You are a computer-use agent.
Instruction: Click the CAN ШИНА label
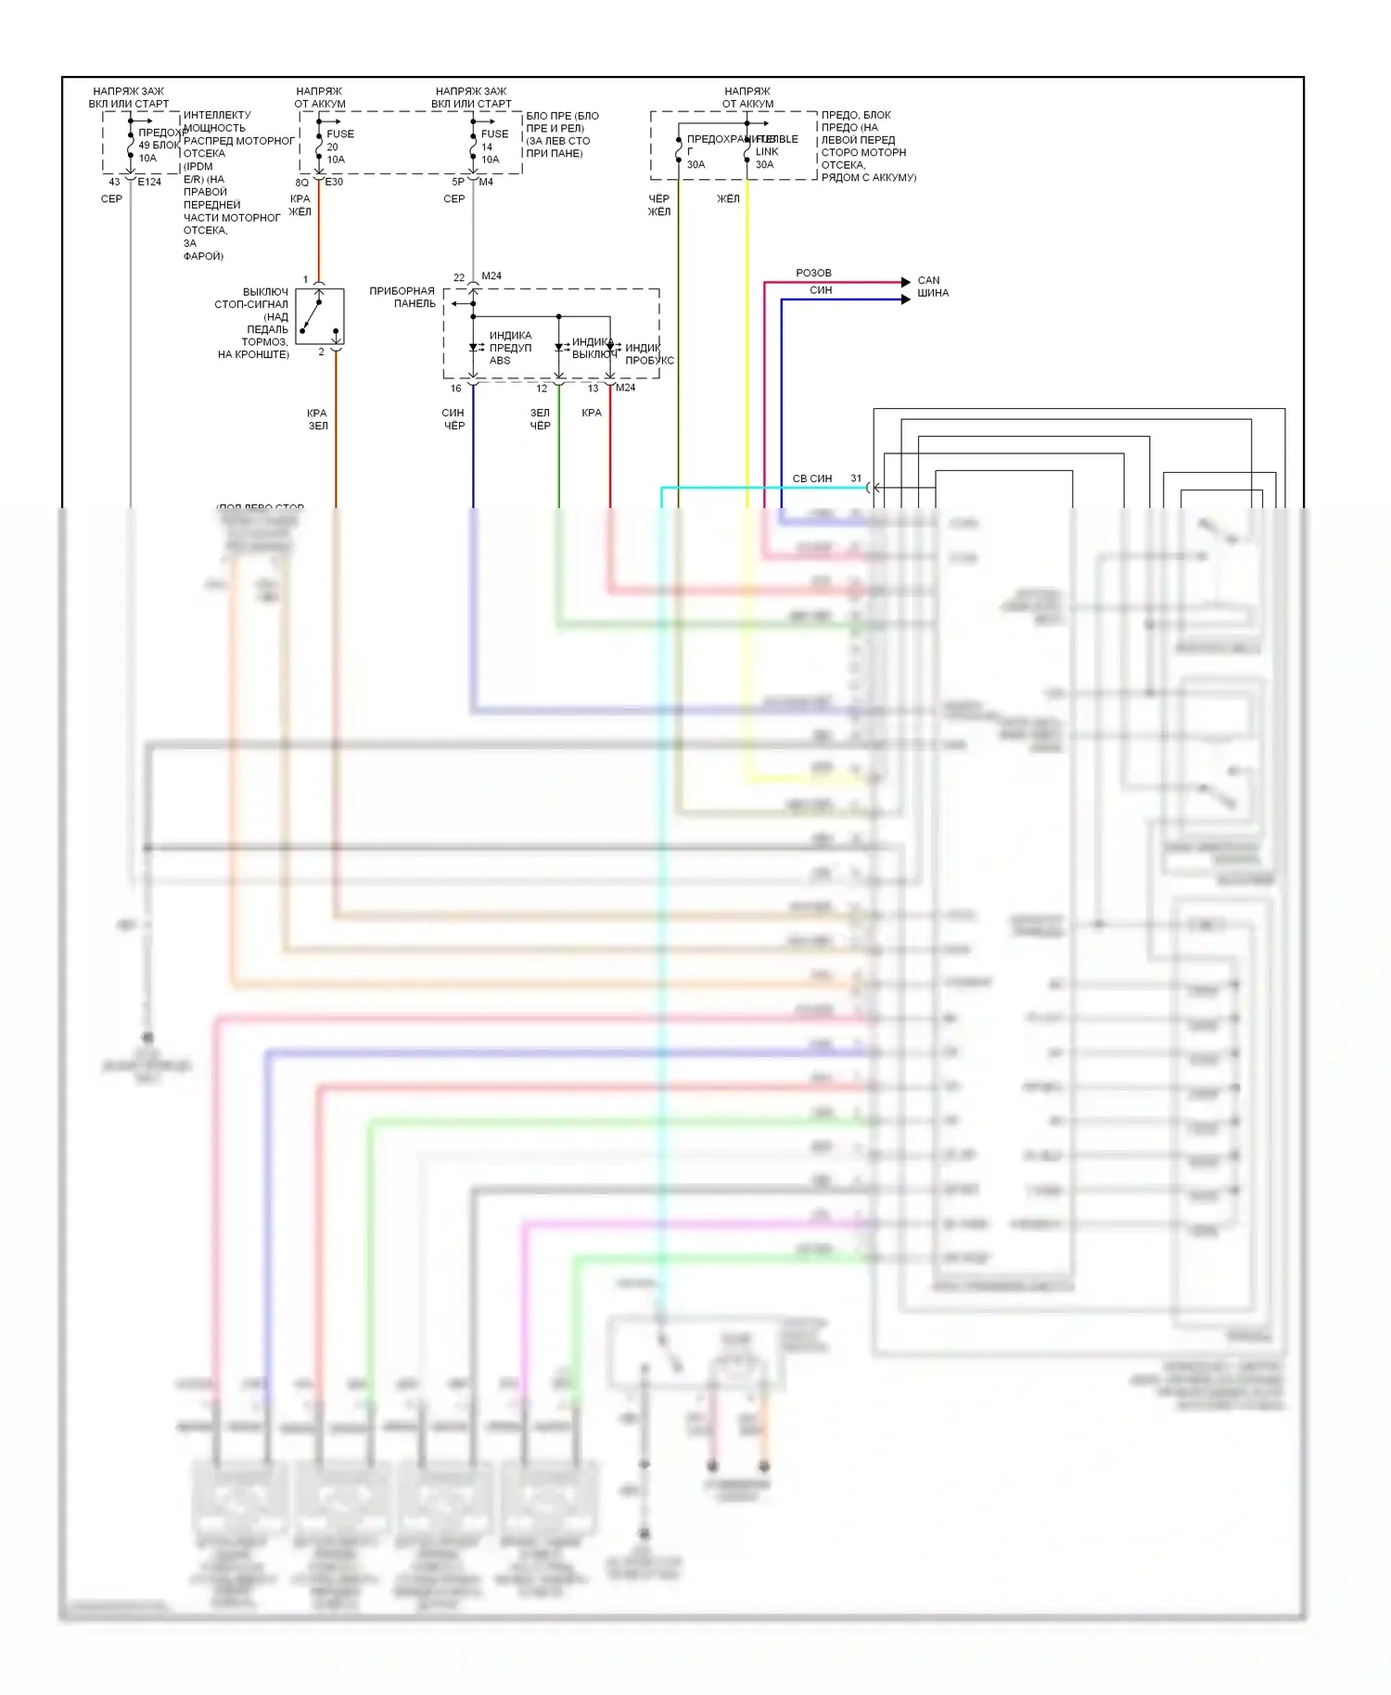click(x=933, y=287)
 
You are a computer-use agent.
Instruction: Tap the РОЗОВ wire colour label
click(x=813, y=274)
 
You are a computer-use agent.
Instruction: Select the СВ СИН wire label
click(x=811, y=479)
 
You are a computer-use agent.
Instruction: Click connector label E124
click(x=149, y=183)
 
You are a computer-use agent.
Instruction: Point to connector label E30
click(x=334, y=183)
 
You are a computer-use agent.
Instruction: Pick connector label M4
click(x=486, y=183)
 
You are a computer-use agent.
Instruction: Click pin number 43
click(x=114, y=183)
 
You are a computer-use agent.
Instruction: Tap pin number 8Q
click(x=302, y=183)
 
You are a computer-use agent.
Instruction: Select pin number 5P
click(x=458, y=183)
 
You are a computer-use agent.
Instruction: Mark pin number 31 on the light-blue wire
click(x=856, y=479)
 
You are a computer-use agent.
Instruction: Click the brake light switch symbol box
click(x=320, y=316)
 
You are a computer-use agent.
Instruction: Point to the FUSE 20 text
click(x=339, y=140)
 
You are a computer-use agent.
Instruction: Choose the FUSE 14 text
click(x=494, y=140)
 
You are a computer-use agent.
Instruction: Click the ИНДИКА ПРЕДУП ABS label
click(x=510, y=349)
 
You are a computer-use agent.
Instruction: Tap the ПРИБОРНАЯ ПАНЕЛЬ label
click(x=402, y=298)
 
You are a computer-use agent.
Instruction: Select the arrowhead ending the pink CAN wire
click(x=906, y=282)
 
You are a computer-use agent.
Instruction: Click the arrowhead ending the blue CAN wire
click(x=906, y=299)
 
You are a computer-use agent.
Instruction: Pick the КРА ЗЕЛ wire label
click(x=317, y=420)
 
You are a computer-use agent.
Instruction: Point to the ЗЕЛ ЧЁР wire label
click(x=540, y=420)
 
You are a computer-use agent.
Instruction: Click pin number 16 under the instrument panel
click(x=455, y=389)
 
